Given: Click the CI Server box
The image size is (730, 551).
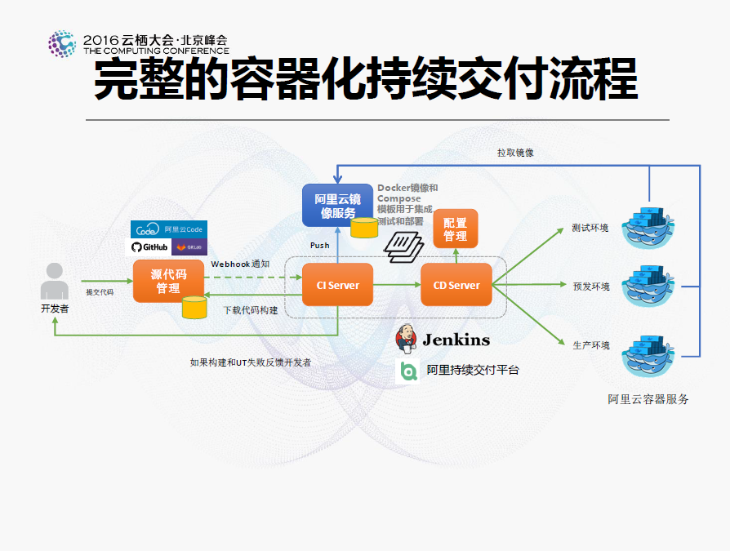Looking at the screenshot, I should [337, 285].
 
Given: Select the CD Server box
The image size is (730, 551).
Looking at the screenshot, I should [456, 285].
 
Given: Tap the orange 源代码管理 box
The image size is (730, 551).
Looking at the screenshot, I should [168, 280].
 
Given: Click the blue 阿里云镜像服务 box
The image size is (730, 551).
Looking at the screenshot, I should [337, 206].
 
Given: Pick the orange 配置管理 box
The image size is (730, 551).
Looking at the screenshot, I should [455, 229].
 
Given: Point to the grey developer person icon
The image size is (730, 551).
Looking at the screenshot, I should [55, 282].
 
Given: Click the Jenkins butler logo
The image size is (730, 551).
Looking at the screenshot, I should [407, 339].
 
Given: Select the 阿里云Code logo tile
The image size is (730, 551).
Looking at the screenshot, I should [168, 229].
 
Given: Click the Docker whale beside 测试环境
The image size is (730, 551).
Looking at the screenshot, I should [649, 227].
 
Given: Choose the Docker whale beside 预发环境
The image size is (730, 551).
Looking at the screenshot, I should [649, 286].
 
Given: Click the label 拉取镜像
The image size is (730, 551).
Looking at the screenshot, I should [515, 153].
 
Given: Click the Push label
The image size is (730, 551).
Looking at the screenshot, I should [319, 245].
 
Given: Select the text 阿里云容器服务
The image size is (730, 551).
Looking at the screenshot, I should [648, 399].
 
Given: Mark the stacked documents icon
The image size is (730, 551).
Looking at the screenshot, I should [403, 245].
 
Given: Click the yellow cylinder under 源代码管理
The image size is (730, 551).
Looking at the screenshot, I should [194, 307].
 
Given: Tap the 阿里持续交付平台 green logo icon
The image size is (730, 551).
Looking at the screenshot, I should [407, 371].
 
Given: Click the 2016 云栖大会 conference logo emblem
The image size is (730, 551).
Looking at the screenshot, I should [62, 44].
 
